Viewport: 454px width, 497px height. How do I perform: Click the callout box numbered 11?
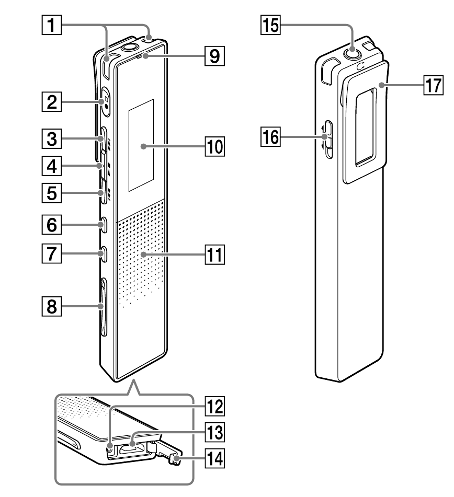pos(213,255)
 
